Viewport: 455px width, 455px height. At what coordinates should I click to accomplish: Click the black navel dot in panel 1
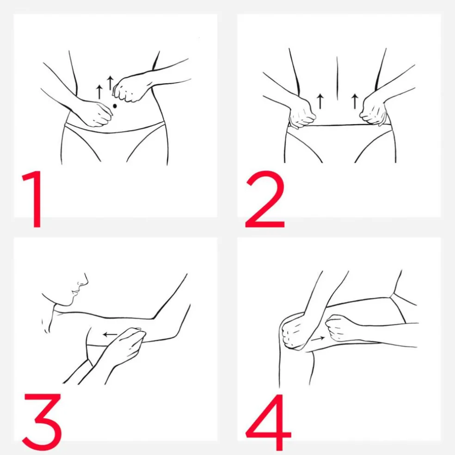(115, 106)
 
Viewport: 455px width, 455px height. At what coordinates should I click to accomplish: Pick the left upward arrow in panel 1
(99, 92)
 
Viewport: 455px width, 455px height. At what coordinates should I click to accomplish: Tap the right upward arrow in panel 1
(110, 83)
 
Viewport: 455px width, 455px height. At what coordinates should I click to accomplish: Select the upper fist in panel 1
(129, 89)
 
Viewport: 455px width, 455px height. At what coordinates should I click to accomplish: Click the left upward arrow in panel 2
(320, 101)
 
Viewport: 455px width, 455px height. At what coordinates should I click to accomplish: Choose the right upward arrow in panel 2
(355, 101)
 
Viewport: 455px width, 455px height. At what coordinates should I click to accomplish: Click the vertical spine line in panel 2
(337, 78)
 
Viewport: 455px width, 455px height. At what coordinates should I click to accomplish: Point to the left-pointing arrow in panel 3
(110, 335)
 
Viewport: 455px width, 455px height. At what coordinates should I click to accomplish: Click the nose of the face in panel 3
(84, 280)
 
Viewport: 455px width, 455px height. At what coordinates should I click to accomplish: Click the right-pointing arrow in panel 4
(318, 338)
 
